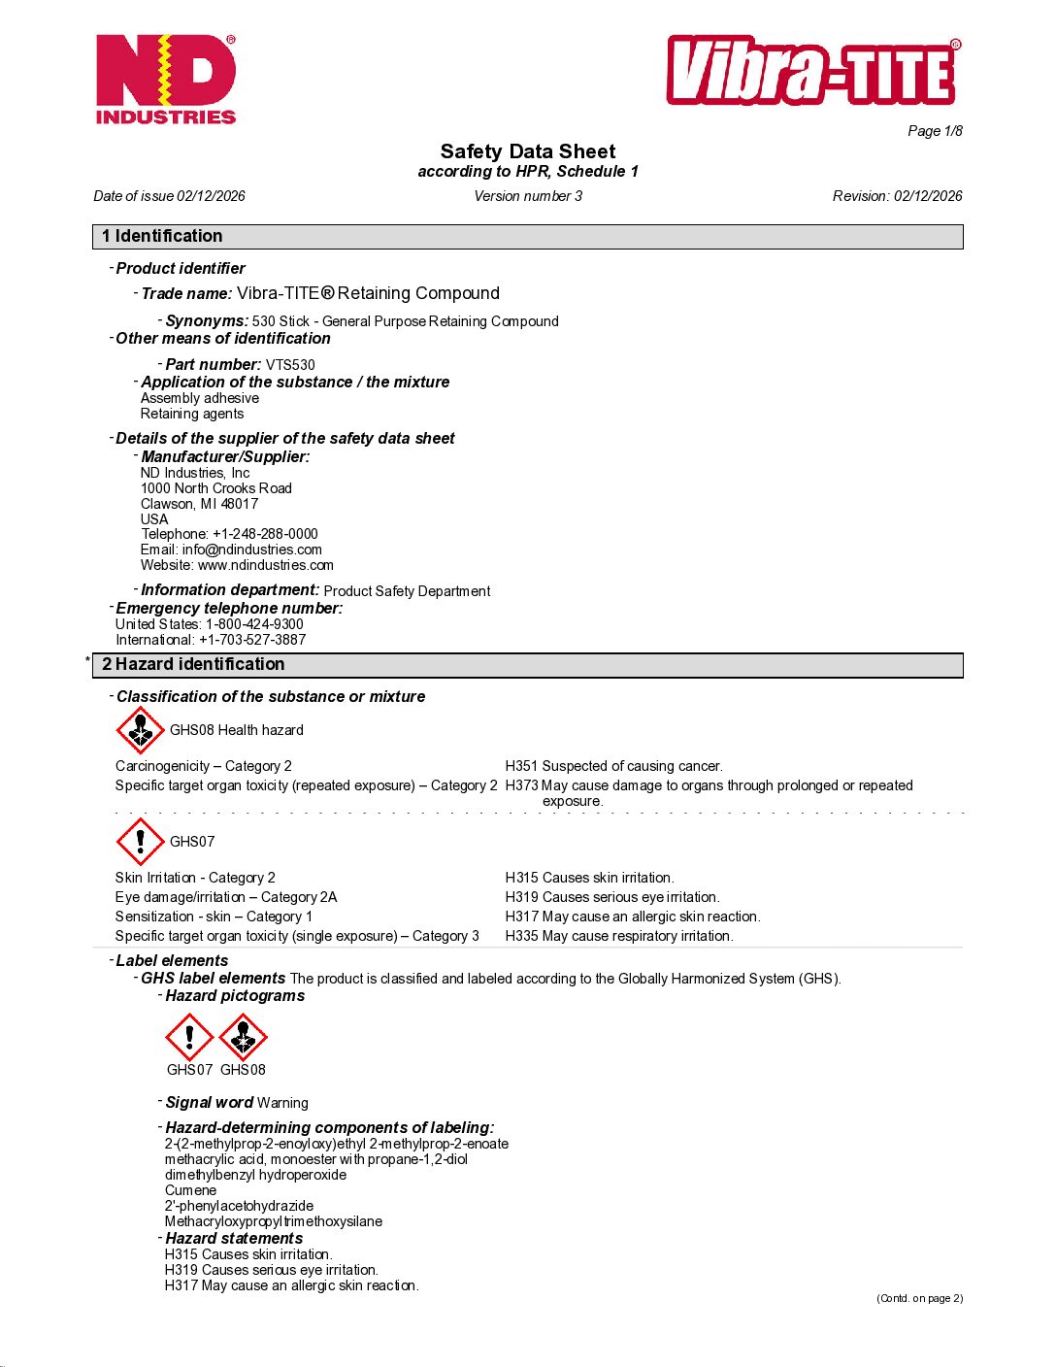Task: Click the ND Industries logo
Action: [x=166, y=80]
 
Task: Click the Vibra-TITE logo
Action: [x=813, y=71]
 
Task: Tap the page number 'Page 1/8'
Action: [x=935, y=131]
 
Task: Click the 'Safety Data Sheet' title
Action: [x=528, y=151]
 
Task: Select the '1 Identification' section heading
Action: [x=162, y=236]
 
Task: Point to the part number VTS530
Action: [x=290, y=365]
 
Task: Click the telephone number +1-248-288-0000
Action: [x=265, y=534]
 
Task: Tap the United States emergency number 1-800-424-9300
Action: [x=254, y=624]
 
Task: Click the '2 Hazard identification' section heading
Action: [x=193, y=664]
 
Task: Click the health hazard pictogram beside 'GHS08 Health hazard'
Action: [x=140, y=730]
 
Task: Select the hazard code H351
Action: [x=521, y=766]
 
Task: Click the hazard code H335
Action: [x=521, y=936]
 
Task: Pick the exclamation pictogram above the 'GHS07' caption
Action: [x=189, y=1037]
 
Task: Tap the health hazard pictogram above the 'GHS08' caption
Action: [x=243, y=1037]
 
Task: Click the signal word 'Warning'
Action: [x=282, y=1103]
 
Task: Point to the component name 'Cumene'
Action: [x=190, y=1190]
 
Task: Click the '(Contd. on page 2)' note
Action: [x=919, y=1298]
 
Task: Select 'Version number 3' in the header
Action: [x=528, y=196]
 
